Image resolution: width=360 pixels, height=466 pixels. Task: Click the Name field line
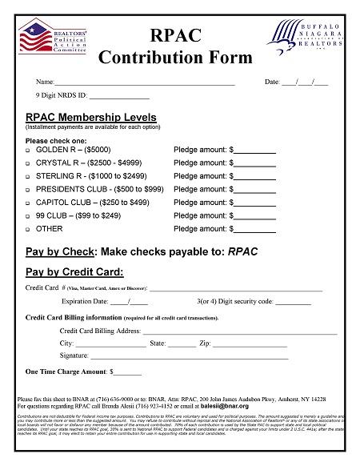click(144, 83)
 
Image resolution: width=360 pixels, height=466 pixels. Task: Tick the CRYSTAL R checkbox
click(29, 163)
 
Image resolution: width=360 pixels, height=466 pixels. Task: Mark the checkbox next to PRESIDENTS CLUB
click(29, 190)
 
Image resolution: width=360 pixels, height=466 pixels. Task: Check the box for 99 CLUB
click(29, 216)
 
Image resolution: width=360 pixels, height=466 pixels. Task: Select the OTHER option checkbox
click(29, 230)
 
